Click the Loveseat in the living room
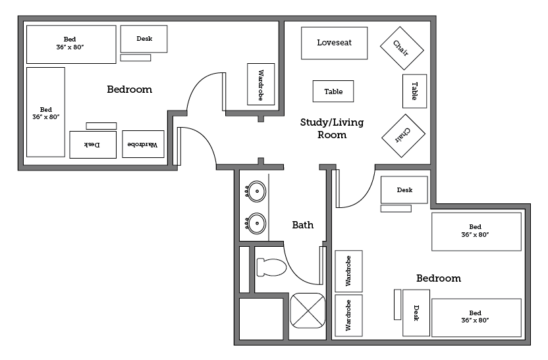[334, 43]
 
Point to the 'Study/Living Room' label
[332, 128]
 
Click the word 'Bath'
[302, 225]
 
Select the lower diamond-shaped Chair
[402, 136]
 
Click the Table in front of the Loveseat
[333, 91]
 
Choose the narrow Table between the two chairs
[414, 91]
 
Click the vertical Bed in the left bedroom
[45, 112]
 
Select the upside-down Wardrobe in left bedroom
[143, 144]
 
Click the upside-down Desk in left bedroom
[93, 145]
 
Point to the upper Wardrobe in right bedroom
[348, 270]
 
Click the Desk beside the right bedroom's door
[404, 190]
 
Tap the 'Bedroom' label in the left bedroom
[129, 90]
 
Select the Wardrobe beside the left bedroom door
[260, 84]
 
